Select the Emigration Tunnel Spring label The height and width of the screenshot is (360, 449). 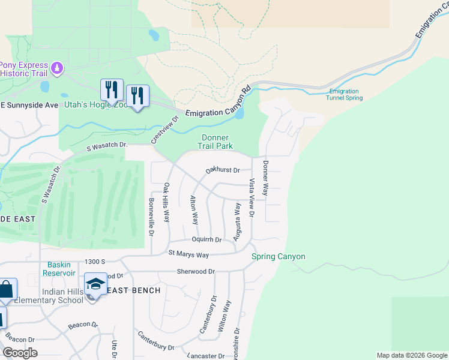[345, 94]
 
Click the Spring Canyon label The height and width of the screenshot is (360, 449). [278, 257]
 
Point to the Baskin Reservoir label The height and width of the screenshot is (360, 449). [59, 269]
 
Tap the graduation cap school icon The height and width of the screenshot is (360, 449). [95, 284]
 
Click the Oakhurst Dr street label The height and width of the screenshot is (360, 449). [223, 170]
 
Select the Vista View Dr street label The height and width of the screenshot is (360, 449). [252, 197]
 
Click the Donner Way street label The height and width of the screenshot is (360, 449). [266, 178]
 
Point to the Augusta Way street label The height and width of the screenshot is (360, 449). [237, 221]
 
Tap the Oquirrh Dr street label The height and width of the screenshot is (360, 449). [203, 239]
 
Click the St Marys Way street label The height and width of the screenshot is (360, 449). [188, 254]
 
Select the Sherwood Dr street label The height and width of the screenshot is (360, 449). [196, 271]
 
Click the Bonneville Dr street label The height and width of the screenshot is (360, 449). [151, 215]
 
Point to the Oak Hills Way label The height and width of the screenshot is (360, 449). [167, 204]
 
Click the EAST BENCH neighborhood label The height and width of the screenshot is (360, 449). [134, 290]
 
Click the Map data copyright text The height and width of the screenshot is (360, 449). [411, 355]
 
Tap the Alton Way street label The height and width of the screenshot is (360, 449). [194, 209]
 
